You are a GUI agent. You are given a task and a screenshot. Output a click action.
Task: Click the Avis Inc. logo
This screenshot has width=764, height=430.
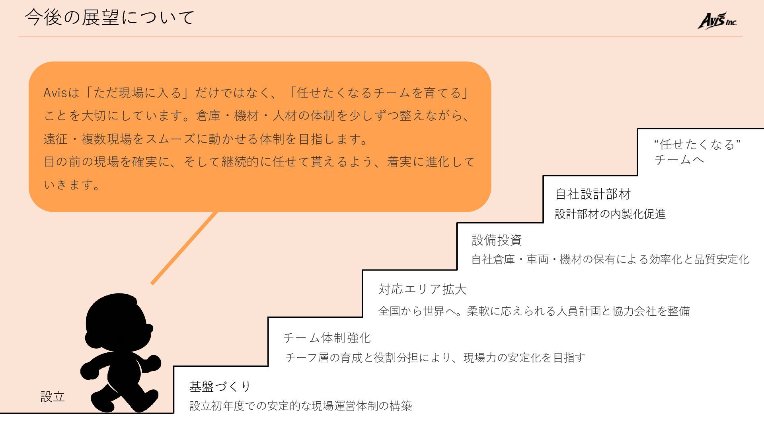[x=717, y=21]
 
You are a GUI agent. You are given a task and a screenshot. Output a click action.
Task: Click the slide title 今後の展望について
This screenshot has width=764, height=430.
[x=110, y=18]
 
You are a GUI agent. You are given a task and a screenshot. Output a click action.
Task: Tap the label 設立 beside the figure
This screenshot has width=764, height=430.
[x=53, y=397]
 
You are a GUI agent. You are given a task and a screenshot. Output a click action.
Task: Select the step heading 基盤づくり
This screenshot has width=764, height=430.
[x=220, y=386]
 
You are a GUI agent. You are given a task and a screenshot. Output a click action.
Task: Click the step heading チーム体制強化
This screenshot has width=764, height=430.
[x=327, y=338]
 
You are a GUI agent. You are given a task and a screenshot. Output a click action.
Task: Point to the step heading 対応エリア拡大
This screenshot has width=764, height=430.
[x=422, y=289]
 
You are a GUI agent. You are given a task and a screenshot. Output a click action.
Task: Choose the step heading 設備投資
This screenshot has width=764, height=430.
[x=497, y=240]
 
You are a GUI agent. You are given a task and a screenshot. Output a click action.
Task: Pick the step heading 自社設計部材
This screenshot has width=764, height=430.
[x=593, y=194]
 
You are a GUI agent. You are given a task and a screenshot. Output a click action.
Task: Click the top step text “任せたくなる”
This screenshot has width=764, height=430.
[x=697, y=144]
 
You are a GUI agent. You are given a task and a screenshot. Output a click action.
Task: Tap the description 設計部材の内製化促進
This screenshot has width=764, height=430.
[x=610, y=214]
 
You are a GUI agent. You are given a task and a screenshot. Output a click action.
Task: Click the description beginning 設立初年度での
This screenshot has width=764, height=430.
[x=301, y=406]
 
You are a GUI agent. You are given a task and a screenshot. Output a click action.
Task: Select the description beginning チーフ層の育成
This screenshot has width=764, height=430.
[x=435, y=358]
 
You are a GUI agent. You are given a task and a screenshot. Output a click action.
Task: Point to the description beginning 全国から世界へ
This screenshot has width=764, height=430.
[x=534, y=311]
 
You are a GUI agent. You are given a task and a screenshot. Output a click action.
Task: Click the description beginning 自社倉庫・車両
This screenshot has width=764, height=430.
[x=610, y=260]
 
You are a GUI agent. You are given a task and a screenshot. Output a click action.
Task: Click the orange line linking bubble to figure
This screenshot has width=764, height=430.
[x=184, y=248]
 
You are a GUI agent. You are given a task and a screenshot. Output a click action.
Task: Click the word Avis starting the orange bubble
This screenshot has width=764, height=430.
[x=55, y=93]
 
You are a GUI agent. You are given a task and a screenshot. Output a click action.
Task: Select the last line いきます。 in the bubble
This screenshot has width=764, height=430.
[x=72, y=185]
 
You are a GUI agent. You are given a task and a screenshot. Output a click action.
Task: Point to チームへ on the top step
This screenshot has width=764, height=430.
[x=679, y=160]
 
